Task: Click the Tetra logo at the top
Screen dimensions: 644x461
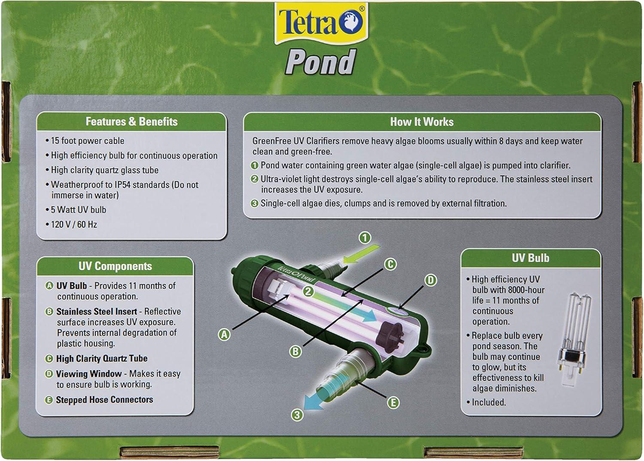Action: coord(321,23)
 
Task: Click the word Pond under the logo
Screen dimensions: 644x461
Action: coord(320,61)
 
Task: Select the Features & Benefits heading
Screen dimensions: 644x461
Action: coord(132,121)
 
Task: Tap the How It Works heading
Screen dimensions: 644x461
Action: coord(422,122)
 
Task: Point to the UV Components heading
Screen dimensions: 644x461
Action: coord(115,266)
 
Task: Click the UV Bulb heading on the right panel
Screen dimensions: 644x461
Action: coord(530,258)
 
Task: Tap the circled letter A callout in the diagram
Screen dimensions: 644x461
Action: coord(224,334)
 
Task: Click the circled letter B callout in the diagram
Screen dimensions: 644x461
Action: coord(295,352)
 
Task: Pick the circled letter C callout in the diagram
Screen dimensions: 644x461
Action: coord(390,264)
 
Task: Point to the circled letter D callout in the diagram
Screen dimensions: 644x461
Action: coord(430,280)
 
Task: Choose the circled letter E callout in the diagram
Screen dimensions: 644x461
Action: coord(393,403)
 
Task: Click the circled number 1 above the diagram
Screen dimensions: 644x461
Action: coord(365,238)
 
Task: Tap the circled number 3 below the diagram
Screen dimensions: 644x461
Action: coord(297,415)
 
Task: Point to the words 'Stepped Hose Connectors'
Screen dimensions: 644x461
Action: coord(104,400)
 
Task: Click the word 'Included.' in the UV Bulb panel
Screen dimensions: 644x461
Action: coord(489,402)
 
